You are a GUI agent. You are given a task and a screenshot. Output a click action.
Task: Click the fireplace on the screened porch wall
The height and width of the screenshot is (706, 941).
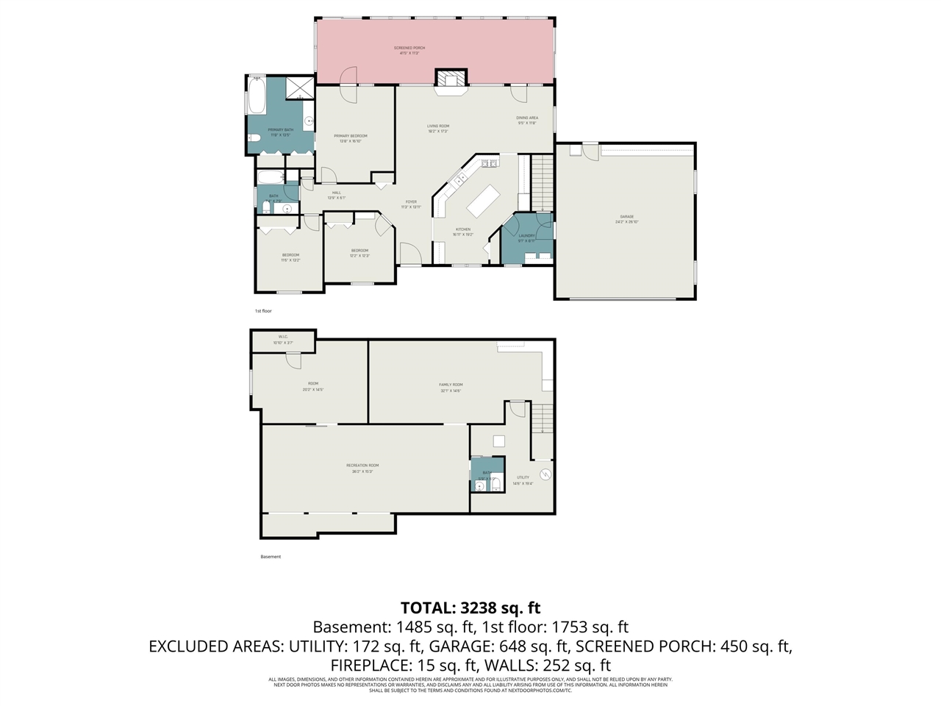tap(450, 78)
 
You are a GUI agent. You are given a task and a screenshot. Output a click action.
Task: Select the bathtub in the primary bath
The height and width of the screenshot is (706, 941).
tap(256, 96)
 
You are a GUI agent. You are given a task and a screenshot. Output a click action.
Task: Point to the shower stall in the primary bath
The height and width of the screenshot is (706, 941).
tap(299, 88)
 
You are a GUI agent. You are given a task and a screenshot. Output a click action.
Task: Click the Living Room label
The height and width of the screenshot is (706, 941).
tap(438, 126)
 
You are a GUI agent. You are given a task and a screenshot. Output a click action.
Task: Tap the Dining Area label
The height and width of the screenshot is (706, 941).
tap(527, 118)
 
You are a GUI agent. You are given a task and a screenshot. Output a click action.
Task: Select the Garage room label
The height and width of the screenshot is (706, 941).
tap(626, 217)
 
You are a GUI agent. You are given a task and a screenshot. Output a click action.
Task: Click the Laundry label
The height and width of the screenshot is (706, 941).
tap(526, 236)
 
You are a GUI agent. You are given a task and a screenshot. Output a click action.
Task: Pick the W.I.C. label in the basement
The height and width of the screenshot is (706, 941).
tap(283, 338)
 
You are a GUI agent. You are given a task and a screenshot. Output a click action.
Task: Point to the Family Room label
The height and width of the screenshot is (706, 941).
tap(451, 385)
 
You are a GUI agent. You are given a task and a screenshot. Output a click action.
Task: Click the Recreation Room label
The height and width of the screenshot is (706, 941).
tap(362, 466)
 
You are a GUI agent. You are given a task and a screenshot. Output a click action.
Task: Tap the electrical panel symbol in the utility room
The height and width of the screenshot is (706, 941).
tap(545, 474)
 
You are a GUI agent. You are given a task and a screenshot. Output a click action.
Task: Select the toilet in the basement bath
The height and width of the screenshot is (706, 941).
tap(495, 483)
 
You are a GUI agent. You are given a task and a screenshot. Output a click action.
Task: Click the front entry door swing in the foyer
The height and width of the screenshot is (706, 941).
tap(410, 254)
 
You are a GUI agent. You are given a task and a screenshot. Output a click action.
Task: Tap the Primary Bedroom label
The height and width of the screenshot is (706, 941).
tap(350, 136)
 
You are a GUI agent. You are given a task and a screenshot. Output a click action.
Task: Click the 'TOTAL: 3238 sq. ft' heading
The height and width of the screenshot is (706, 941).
tap(470, 608)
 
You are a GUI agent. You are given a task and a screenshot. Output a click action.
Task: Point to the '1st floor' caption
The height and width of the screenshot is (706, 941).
tap(263, 311)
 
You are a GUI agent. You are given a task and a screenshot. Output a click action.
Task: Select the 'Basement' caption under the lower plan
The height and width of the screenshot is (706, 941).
tap(271, 557)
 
